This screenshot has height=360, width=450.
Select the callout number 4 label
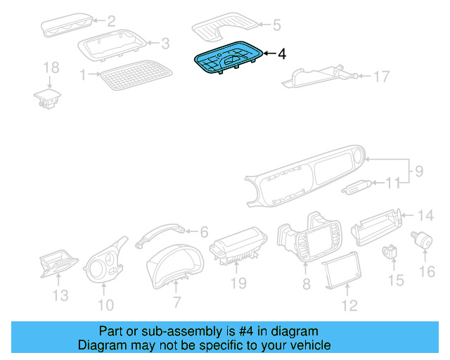(282, 53)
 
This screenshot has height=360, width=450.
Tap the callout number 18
(51, 67)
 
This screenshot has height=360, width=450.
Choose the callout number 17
(380, 76)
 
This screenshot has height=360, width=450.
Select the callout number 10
(105, 304)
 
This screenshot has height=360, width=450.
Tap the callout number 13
(60, 295)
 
